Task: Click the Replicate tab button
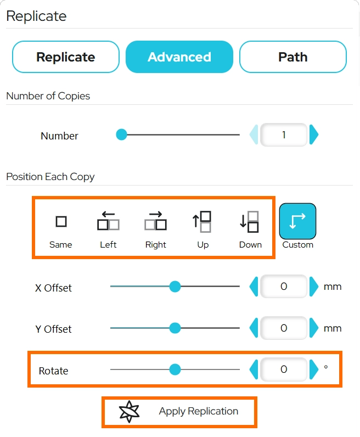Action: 66,57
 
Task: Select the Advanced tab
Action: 179,57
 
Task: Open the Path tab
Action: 293,57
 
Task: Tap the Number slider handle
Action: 121,135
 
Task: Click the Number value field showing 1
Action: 284,135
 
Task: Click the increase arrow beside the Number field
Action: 314,135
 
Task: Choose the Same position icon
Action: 61,222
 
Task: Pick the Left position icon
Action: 109,221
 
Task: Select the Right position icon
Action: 155,221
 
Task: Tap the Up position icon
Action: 203,222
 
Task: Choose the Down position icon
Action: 250,222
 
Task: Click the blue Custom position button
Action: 297,221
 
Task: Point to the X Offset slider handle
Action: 175,286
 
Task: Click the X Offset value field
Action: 284,286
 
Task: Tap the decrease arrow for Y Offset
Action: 254,328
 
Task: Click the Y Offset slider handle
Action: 175,328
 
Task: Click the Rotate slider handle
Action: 175,369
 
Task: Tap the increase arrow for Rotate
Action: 314,369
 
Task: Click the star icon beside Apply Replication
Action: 129,411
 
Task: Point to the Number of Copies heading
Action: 48,96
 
